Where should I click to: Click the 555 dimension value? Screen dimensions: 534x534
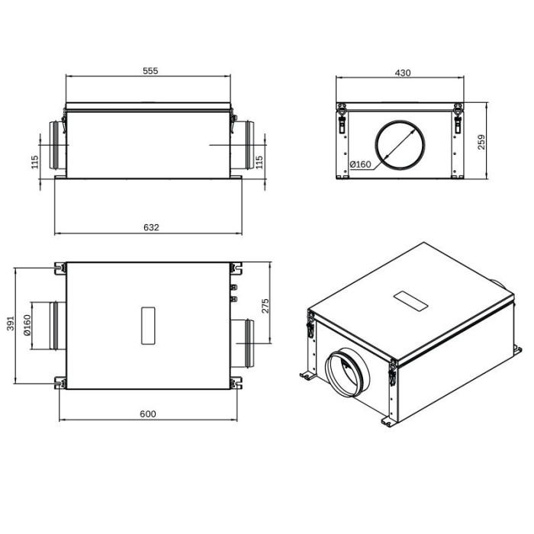click(x=150, y=70)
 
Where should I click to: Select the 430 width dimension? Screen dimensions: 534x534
click(x=403, y=72)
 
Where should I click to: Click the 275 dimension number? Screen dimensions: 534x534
click(x=265, y=306)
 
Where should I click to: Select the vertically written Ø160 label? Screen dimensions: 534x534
click(x=27, y=325)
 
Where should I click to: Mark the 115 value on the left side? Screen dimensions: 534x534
click(x=35, y=162)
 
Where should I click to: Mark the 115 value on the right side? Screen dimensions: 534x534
click(x=259, y=162)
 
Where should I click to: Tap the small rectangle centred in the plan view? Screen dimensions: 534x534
click(x=149, y=325)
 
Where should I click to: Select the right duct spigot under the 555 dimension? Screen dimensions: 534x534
click(x=244, y=145)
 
